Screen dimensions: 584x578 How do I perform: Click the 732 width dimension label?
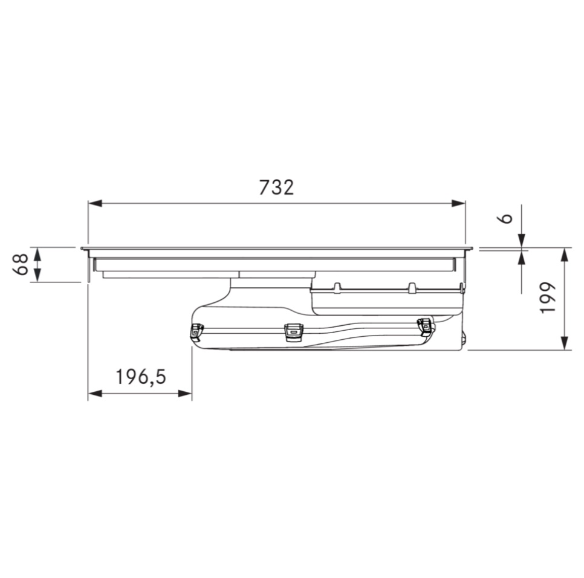[276, 187]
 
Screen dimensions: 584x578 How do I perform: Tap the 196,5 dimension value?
[141, 377]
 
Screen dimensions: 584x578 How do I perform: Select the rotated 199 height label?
[548, 298]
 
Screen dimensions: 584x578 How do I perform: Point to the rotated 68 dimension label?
[21, 264]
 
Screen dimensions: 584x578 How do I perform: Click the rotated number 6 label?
[505, 218]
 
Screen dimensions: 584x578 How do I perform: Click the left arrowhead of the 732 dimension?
[95, 203]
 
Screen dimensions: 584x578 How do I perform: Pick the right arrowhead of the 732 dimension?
[458, 203]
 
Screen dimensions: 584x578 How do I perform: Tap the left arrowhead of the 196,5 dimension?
[95, 393]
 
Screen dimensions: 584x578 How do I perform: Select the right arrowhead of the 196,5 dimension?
[185, 393]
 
